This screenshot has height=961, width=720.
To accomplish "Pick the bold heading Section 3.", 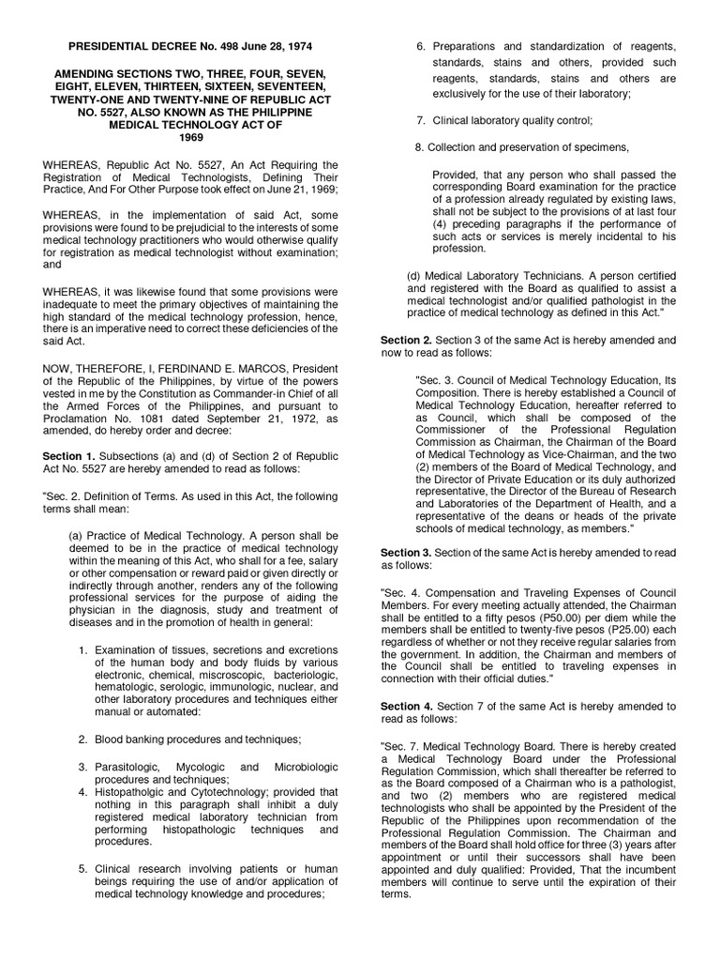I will tap(406, 553).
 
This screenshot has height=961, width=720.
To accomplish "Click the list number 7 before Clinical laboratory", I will tap(421, 120).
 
